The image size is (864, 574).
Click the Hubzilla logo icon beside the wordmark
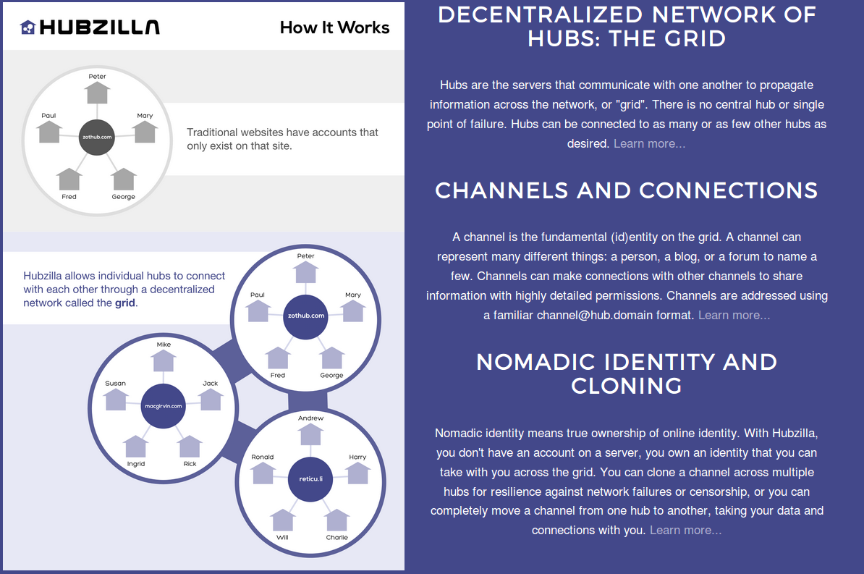click(27, 28)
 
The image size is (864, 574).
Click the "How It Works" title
click(334, 28)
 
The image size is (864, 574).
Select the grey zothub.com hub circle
click(97, 136)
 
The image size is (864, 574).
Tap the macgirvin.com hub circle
click(163, 406)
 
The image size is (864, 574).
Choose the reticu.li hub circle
click(310, 478)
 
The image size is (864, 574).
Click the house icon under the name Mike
click(164, 360)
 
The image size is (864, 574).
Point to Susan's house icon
click(116, 400)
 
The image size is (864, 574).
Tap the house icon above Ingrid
click(135, 446)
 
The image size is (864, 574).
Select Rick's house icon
click(190, 446)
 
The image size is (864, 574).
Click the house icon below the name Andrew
click(310, 434)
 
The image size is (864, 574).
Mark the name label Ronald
click(263, 457)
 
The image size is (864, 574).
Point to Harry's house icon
click(357, 473)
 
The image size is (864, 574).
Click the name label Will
click(282, 537)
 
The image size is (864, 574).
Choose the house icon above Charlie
click(337, 520)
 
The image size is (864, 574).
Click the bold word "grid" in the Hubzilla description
click(124, 303)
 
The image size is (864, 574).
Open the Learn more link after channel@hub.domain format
click(734, 315)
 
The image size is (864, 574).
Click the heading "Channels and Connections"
click(626, 190)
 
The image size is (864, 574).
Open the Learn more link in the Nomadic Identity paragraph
click(685, 530)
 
